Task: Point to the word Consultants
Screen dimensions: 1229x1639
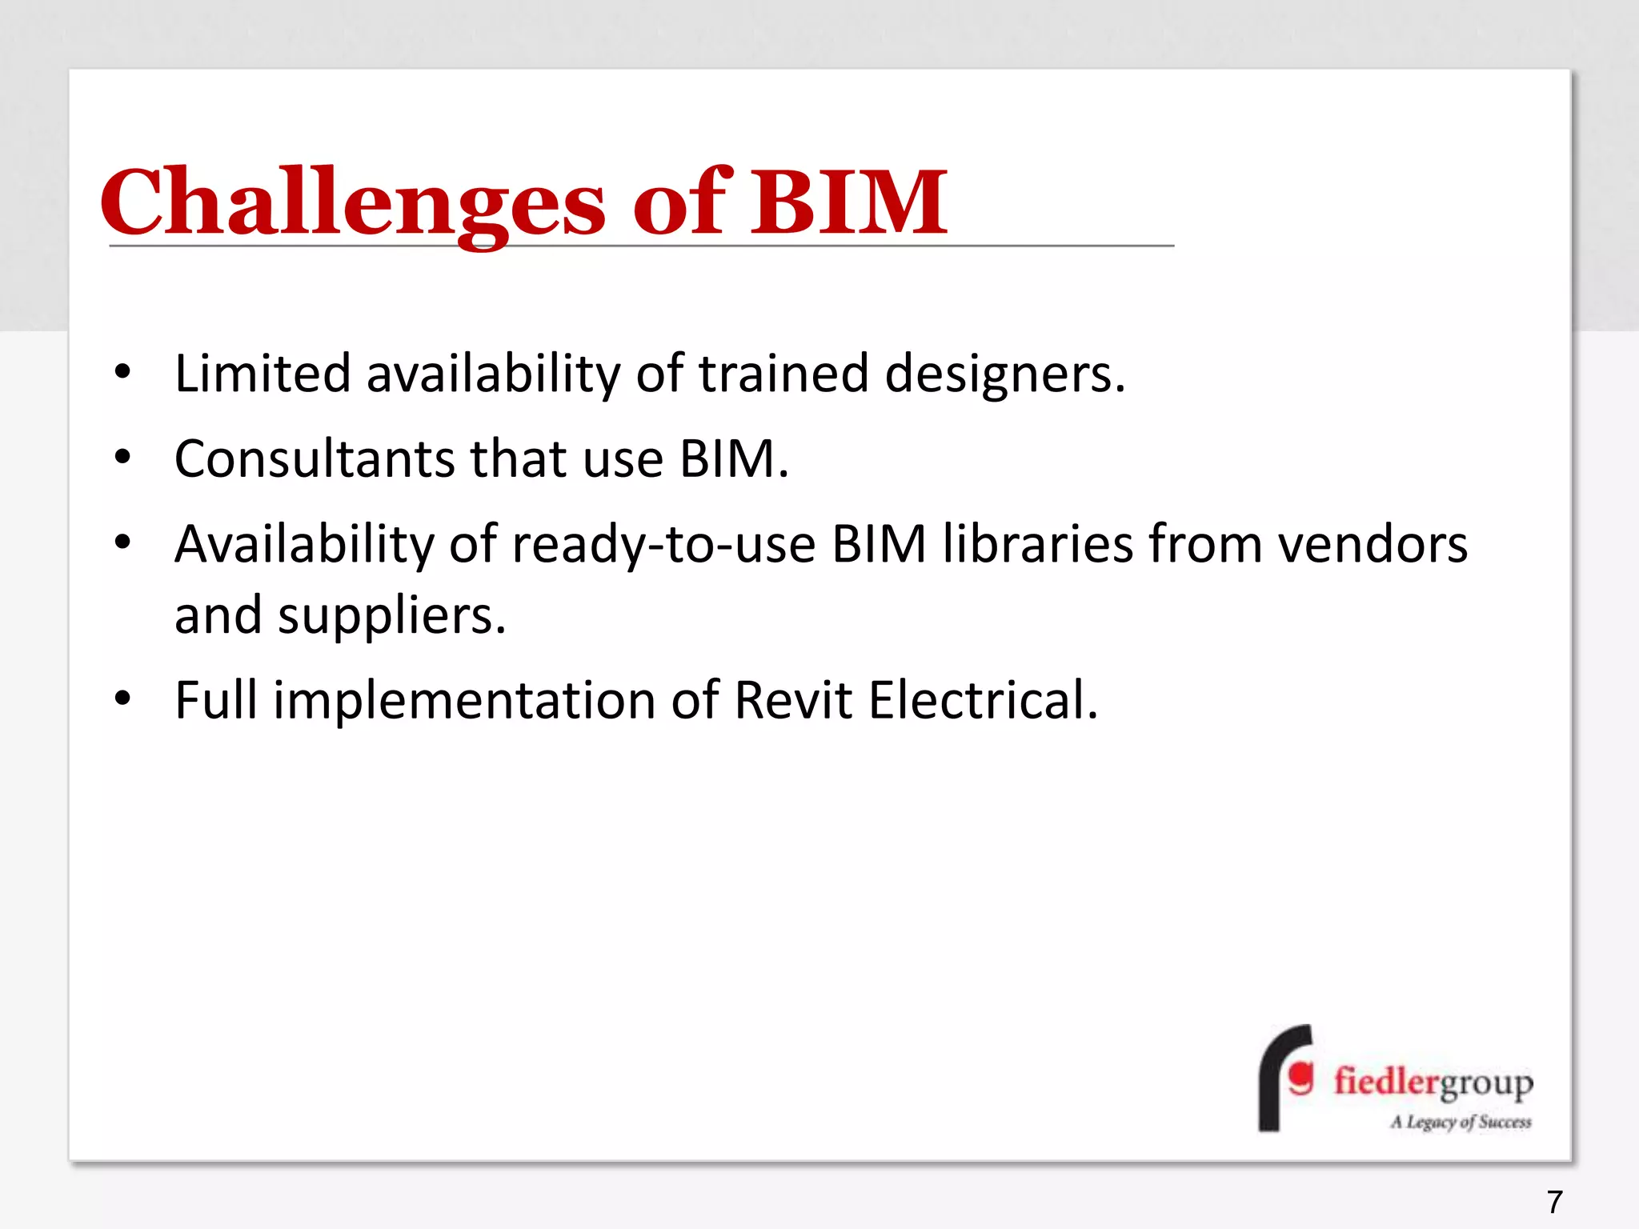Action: tap(315, 459)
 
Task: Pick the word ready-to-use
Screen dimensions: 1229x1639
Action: tap(663, 545)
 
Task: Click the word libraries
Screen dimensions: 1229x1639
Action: tap(1037, 545)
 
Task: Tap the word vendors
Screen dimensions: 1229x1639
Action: tap(1373, 545)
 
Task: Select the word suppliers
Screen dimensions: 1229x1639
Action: tap(391, 616)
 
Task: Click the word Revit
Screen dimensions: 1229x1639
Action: tap(793, 701)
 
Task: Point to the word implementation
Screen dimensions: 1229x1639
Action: tap(464, 701)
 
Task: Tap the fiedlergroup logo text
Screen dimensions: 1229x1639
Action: tap(1433, 1082)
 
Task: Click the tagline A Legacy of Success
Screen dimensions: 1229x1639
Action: tap(1461, 1122)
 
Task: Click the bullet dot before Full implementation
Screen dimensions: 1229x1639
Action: tap(122, 699)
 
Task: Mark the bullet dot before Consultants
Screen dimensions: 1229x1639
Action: tap(122, 457)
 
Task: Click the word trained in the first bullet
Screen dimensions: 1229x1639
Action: tap(783, 374)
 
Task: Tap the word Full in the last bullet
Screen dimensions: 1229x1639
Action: tap(215, 701)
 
